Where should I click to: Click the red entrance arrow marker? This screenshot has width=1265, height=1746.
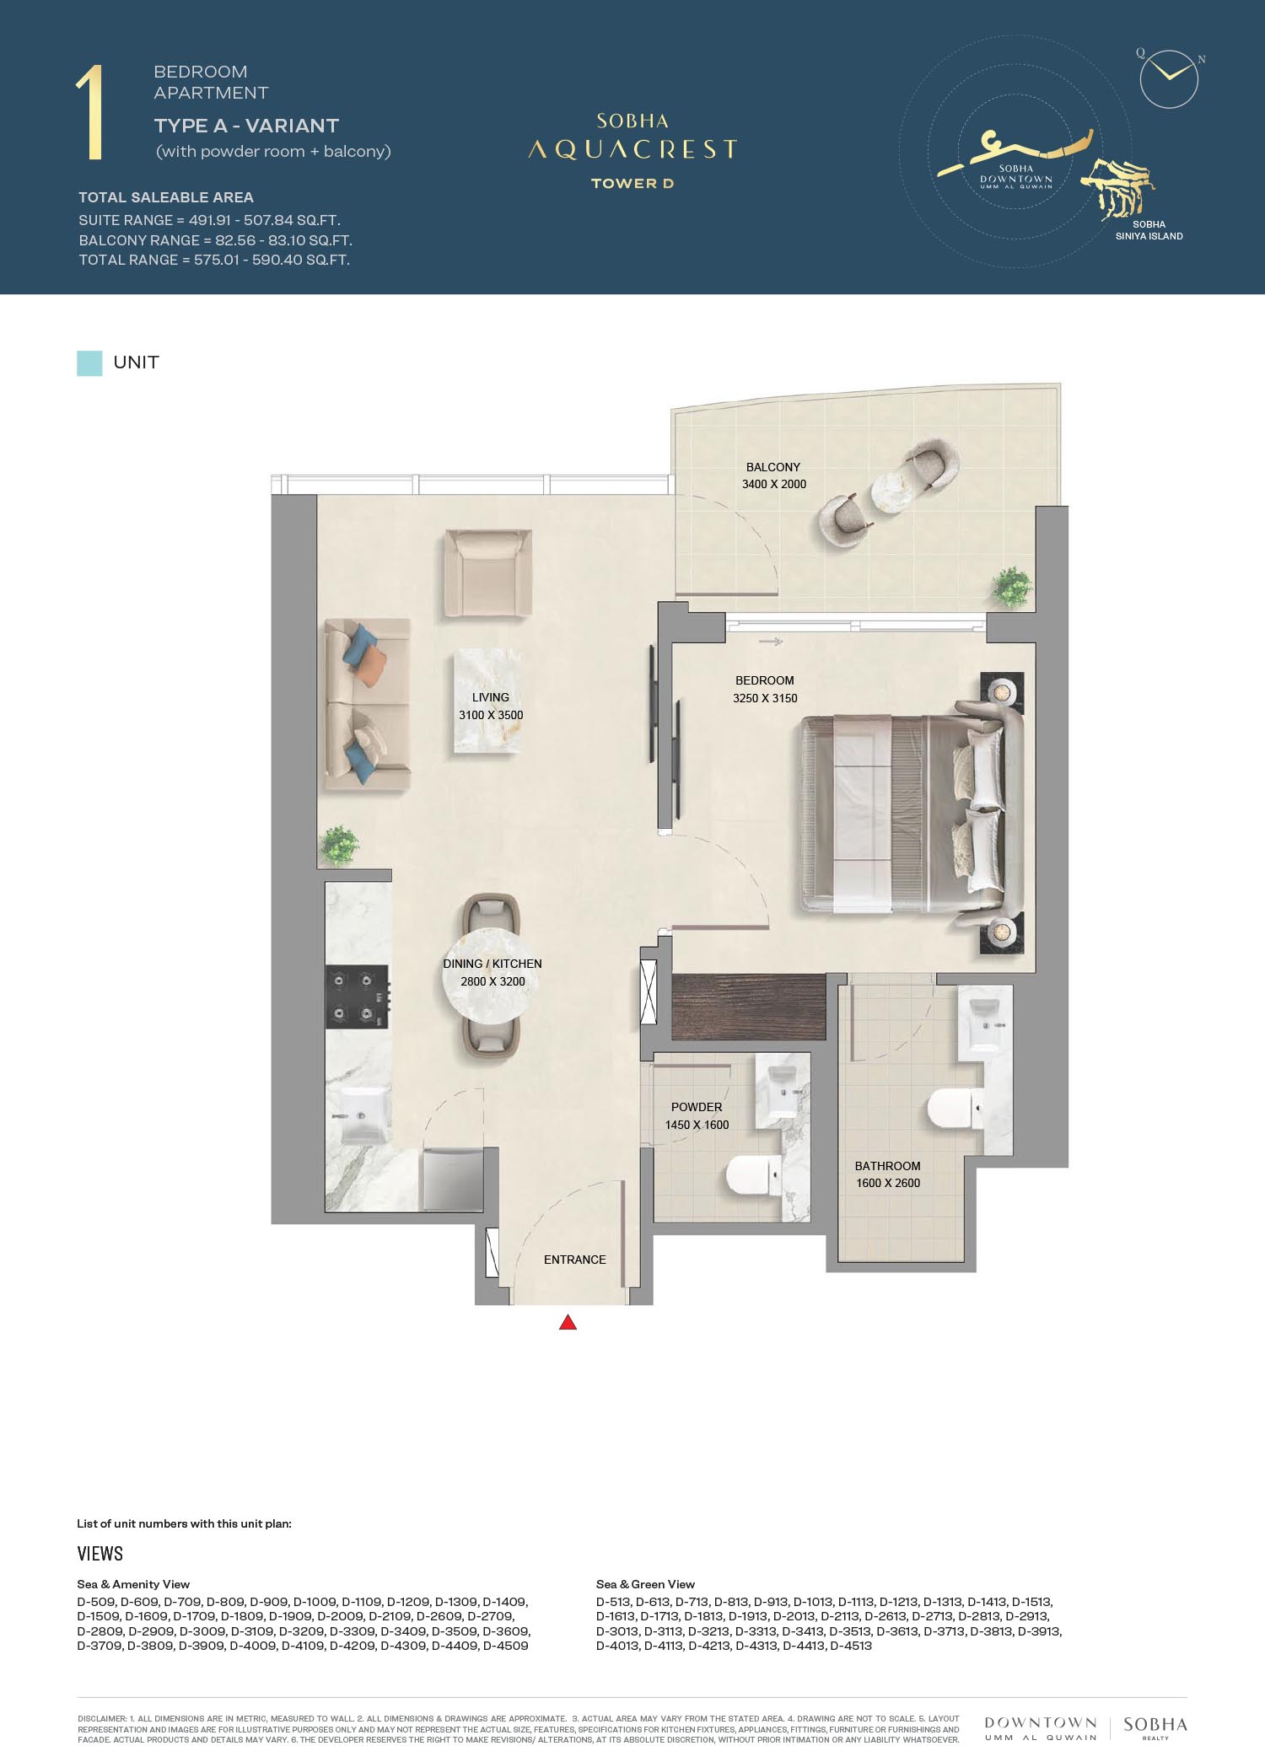pyautogui.click(x=568, y=1322)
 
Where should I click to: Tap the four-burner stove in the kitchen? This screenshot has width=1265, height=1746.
pyautogui.click(x=358, y=997)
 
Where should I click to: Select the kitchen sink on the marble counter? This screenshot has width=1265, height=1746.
pyautogui.click(x=362, y=1115)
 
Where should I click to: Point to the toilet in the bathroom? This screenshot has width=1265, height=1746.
pyautogui.click(x=954, y=1109)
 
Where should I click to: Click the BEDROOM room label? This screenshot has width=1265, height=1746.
pyautogui.click(x=764, y=680)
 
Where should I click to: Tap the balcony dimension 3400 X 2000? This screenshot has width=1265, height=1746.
pyautogui.click(x=774, y=484)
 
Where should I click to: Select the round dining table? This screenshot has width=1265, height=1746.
pyautogui.click(x=493, y=975)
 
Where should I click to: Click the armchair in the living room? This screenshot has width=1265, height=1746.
pyautogui.click(x=488, y=572)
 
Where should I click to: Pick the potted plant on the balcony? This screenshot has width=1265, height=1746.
pyautogui.click(x=1011, y=585)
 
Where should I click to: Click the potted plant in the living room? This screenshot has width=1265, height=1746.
pyautogui.click(x=338, y=845)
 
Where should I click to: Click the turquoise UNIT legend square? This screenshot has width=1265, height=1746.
pyautogui.click(x=89, y=363)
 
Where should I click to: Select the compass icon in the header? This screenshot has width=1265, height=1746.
pyautogui.click(x=1169, y=78)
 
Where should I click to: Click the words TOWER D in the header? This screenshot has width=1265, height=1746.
pyautogui.click(x=632, y=183)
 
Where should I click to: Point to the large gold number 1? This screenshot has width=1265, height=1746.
pyautogui.click(x=90, y=112)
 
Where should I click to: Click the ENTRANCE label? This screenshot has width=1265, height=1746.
pyautogui.click(x=574, y=1260)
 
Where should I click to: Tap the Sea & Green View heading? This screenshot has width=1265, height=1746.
pyautogui.click(x=645, y=1584)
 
